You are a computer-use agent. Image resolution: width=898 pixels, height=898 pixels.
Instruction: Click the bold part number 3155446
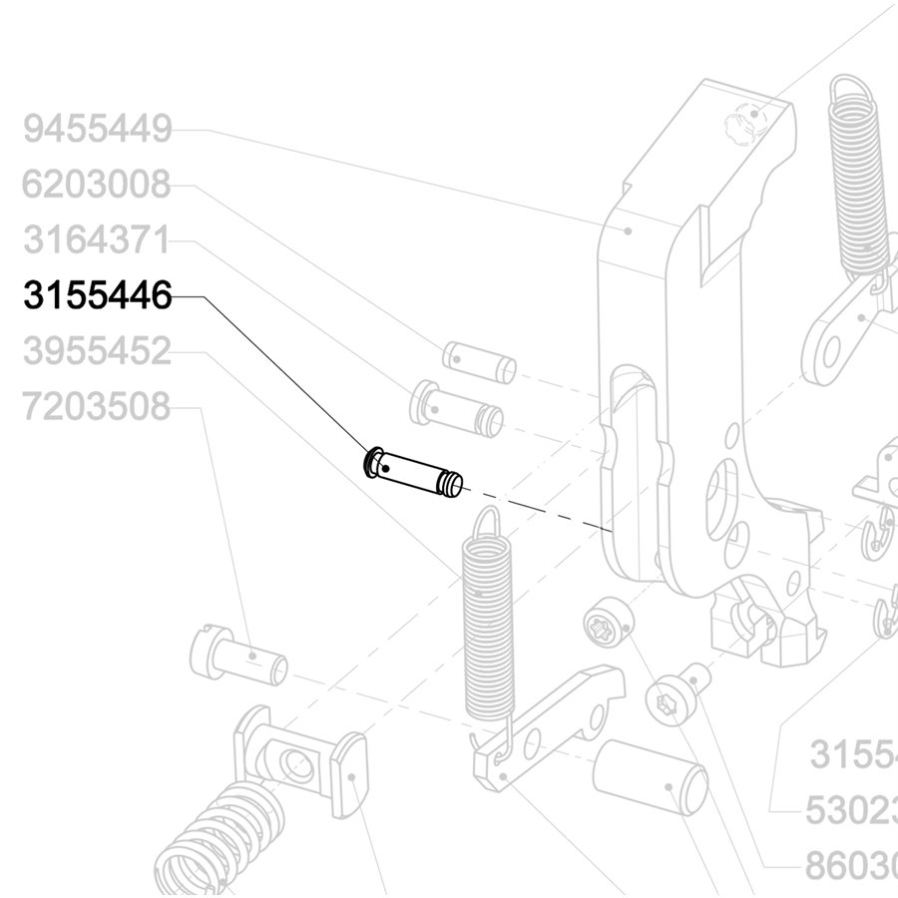[98, 296]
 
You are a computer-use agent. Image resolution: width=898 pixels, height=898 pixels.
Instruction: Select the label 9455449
[98, 129]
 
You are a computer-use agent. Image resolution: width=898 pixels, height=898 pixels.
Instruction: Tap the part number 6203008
[98, 185]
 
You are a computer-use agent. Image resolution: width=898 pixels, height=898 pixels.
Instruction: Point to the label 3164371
[98, 240]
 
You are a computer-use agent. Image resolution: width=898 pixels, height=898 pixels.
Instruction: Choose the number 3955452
[98, 352]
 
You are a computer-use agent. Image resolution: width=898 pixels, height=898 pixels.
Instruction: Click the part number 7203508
[98, 408]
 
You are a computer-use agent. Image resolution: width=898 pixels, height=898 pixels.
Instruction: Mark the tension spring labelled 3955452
[489, 629]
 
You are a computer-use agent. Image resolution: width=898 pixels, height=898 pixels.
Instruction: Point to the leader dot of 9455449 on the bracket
[629, 229]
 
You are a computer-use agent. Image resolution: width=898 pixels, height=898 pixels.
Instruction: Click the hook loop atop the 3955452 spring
[486, 524]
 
